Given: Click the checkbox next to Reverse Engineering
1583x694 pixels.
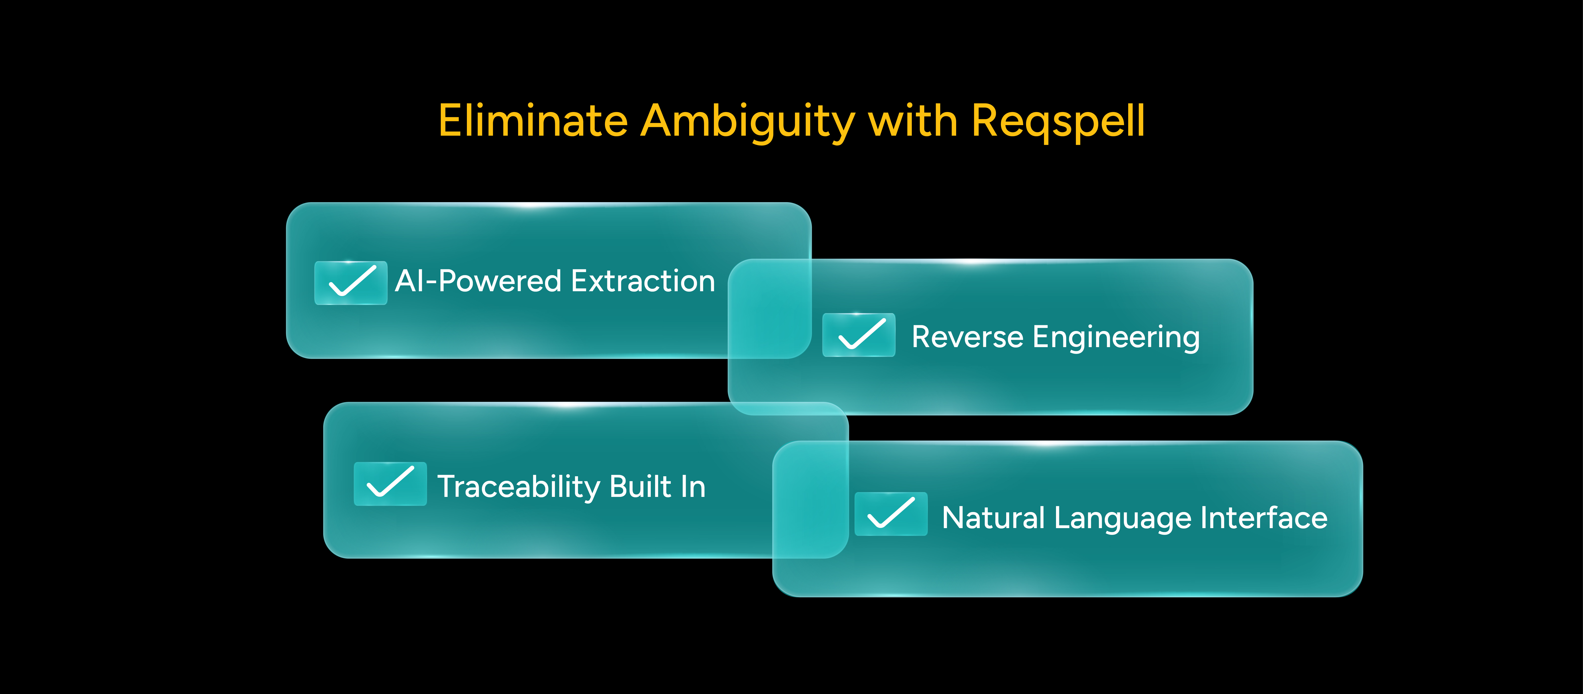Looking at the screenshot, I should click(859, 335).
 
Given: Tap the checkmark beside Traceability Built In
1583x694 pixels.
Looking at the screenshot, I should click(390, 484).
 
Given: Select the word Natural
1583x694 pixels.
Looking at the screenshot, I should click(993, 518).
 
